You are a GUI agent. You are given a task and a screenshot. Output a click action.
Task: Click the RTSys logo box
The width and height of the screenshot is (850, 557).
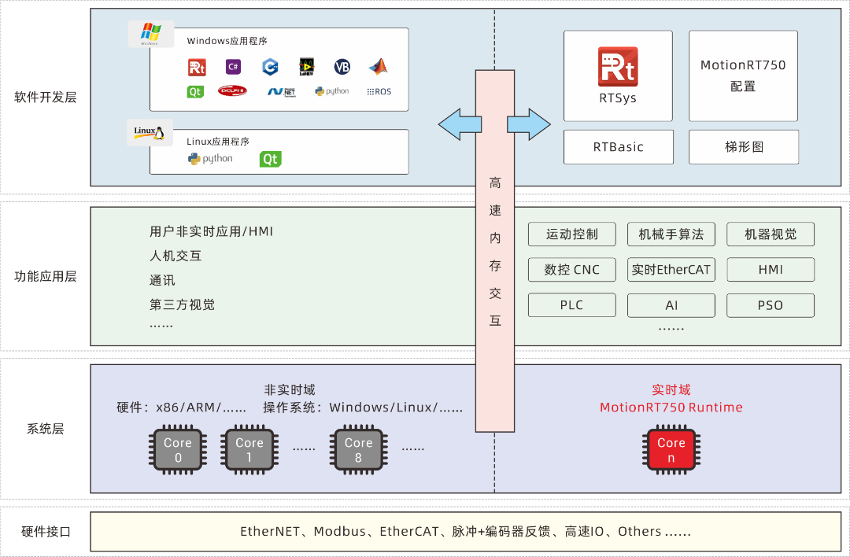(x=618, y=76)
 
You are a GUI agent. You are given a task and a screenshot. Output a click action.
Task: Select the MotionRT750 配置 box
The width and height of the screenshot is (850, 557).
(x=743, y=76)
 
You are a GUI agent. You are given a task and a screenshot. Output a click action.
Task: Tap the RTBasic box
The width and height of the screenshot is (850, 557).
(x=618, y=147)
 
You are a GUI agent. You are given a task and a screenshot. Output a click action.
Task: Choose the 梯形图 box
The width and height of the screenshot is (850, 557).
(x=743, y=147)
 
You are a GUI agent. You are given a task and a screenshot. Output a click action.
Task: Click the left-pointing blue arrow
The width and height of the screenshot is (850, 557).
(x=460, y=124)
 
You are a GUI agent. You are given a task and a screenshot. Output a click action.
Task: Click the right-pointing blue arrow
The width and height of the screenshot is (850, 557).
(x=529, y=124)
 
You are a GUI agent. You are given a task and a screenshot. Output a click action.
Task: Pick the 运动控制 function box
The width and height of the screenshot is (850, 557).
(x=571, y=234)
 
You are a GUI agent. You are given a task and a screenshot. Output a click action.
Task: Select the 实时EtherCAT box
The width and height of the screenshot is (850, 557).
(x=671, y=270)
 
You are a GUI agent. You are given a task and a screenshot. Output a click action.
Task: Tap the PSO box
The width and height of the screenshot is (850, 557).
(x=770, y=305)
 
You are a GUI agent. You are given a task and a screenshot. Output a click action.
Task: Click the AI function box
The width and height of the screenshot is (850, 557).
(x=671, y=305)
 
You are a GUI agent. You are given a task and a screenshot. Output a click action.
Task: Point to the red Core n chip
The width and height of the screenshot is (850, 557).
(x=671, y=451)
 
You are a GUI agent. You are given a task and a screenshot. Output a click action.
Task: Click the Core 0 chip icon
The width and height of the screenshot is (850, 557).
(x=178, y=451)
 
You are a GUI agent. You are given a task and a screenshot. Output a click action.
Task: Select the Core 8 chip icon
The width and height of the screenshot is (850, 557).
(x=358, y=451)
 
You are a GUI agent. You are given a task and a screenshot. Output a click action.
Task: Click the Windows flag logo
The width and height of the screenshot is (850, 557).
(x=150, y=34)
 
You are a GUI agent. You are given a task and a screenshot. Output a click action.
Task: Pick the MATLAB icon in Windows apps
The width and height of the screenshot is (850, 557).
(x=379, y=67)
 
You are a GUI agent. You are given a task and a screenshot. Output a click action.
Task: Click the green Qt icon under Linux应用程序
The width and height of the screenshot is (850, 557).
(x=270, y=159)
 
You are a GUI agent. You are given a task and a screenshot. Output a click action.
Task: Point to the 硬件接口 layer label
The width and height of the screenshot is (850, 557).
(x=46, y=532)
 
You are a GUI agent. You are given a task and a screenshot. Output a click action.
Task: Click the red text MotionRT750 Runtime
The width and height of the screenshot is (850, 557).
(x=671, y=408)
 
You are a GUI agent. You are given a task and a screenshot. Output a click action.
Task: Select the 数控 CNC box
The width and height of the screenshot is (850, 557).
(x=571, y=270)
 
